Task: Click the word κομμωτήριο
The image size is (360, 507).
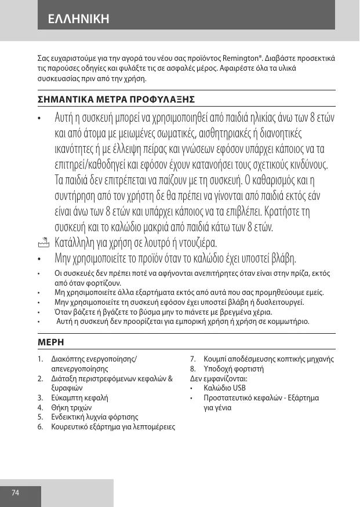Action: (x=289, y=321)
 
